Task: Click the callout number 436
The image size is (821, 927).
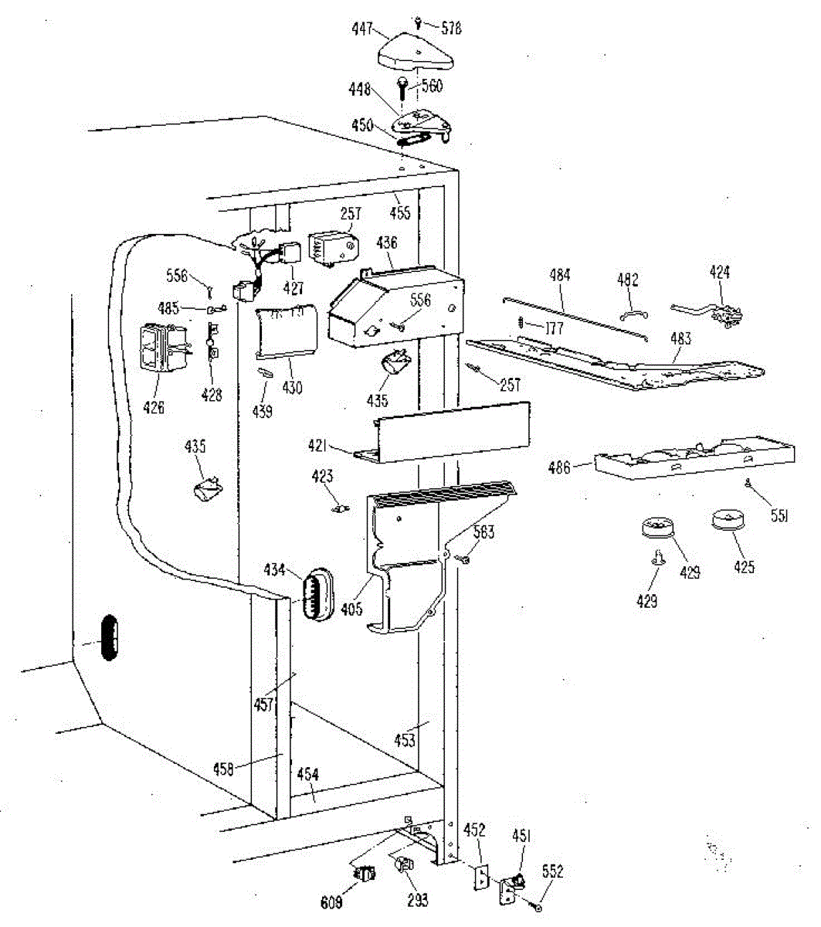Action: [386, 243]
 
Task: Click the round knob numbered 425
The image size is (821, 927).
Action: [727, 519]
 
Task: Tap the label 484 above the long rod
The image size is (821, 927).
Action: [560, 275]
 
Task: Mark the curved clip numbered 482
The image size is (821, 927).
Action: [634, 312]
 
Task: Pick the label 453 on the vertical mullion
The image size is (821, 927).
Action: [404, 740]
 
